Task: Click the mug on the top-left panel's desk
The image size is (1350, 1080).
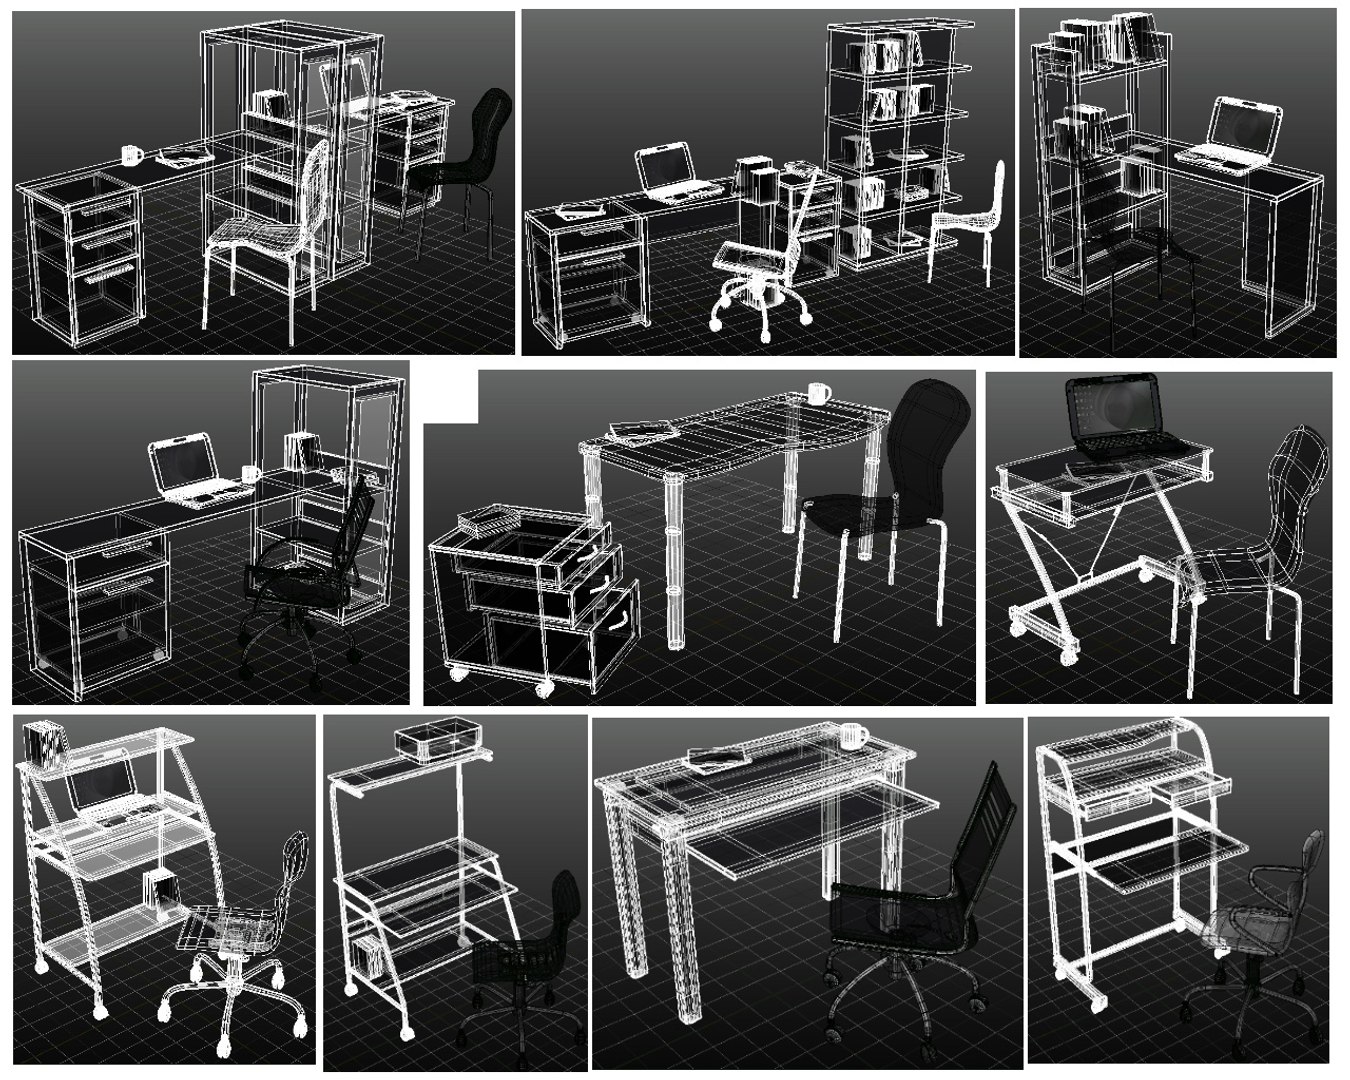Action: tap(131, 155)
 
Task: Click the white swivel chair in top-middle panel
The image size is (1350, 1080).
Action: tap(765, 260)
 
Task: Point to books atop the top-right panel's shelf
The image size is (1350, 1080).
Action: tap(1110, 40)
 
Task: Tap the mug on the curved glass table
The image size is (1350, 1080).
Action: tap(818, 393)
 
